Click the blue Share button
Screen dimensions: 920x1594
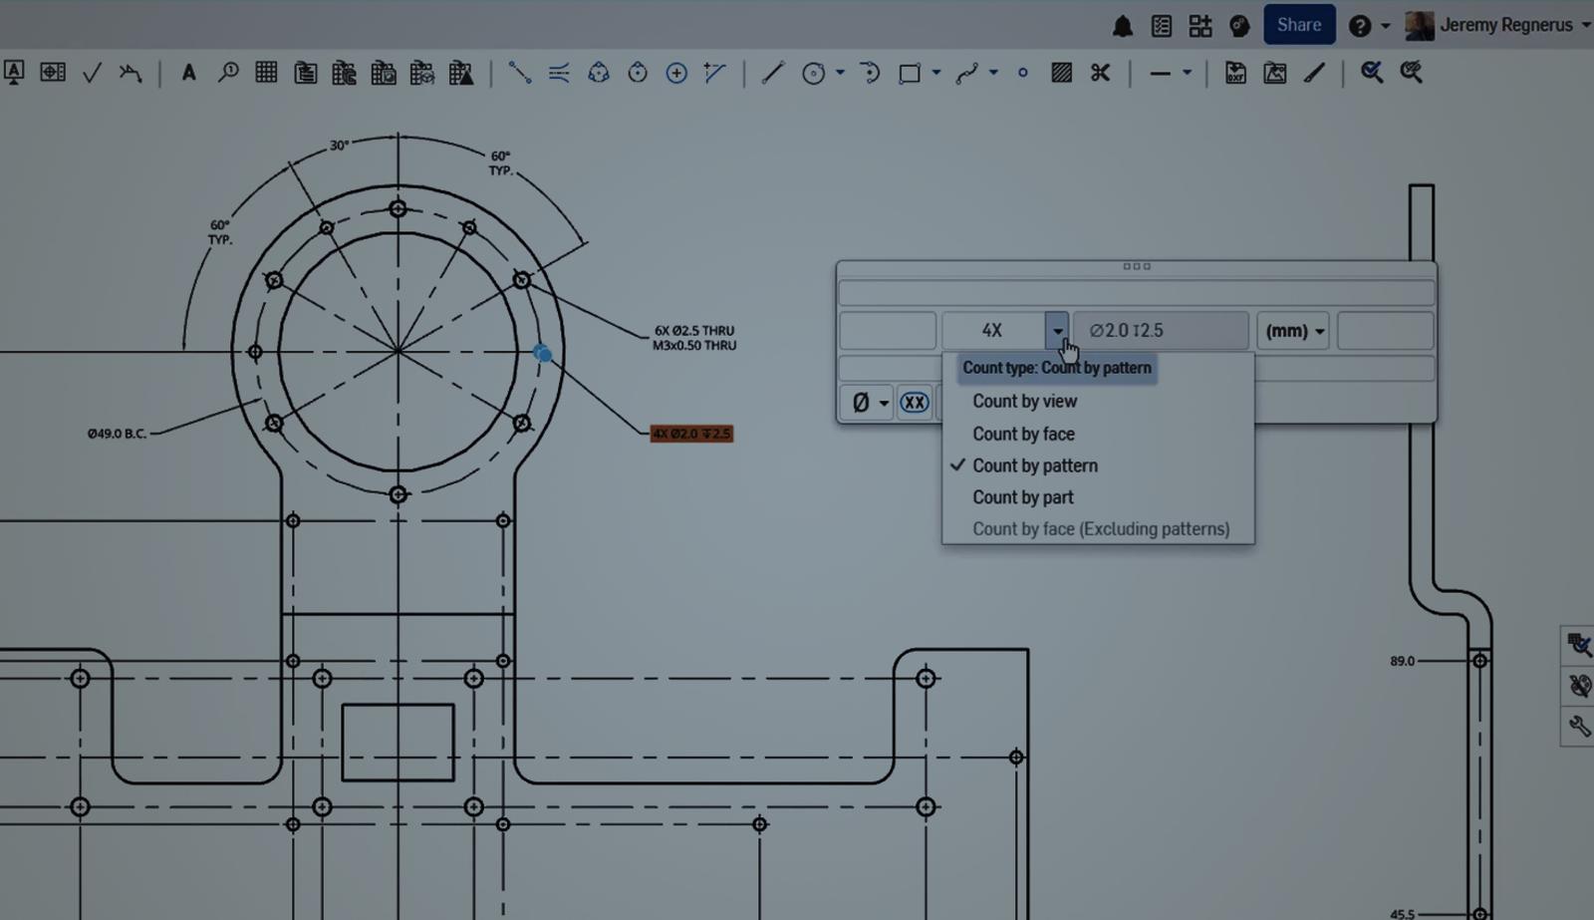pyautogui.click(x=1298, y=25)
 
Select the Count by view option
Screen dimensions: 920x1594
pyautogui.click(x=1024, y=401)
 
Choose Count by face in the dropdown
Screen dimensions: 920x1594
pyautogui.click(x=1023, y=434)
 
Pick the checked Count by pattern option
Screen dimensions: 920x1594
pyautogui.click(x=1034, y=465)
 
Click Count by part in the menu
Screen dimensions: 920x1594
pyautogui.click(x=1023, y=497)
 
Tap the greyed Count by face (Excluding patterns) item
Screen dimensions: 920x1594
pyautogui.click(x=1100, y=529)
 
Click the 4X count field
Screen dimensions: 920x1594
pyautogui.click(x=991, y=331)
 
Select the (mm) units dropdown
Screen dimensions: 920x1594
pyautogui.click(x=1292, y=331)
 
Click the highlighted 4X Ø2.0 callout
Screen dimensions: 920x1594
pyautogui.click(x=691, y=434)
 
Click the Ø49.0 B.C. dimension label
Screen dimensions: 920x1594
pyautogui.click(x=117, y=434)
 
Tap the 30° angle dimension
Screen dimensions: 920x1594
pyautogui.click(x=339, y=146)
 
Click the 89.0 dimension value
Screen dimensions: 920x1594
pyautogui.click(x=1402, y=661)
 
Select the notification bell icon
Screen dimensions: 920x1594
pyautogui.click(x=1122, y=26)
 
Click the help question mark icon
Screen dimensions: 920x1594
pyautogui.click(x=1359, y=26)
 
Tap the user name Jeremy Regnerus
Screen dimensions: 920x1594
pyautogui.click(x=1505, y=25)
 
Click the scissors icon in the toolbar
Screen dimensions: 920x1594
pyautogui.click(x=1100, y=73)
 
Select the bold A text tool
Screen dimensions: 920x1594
pyautogui.click(x=188, y=73)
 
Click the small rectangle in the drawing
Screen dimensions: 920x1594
pyautogui.click(x=398, y=743)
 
